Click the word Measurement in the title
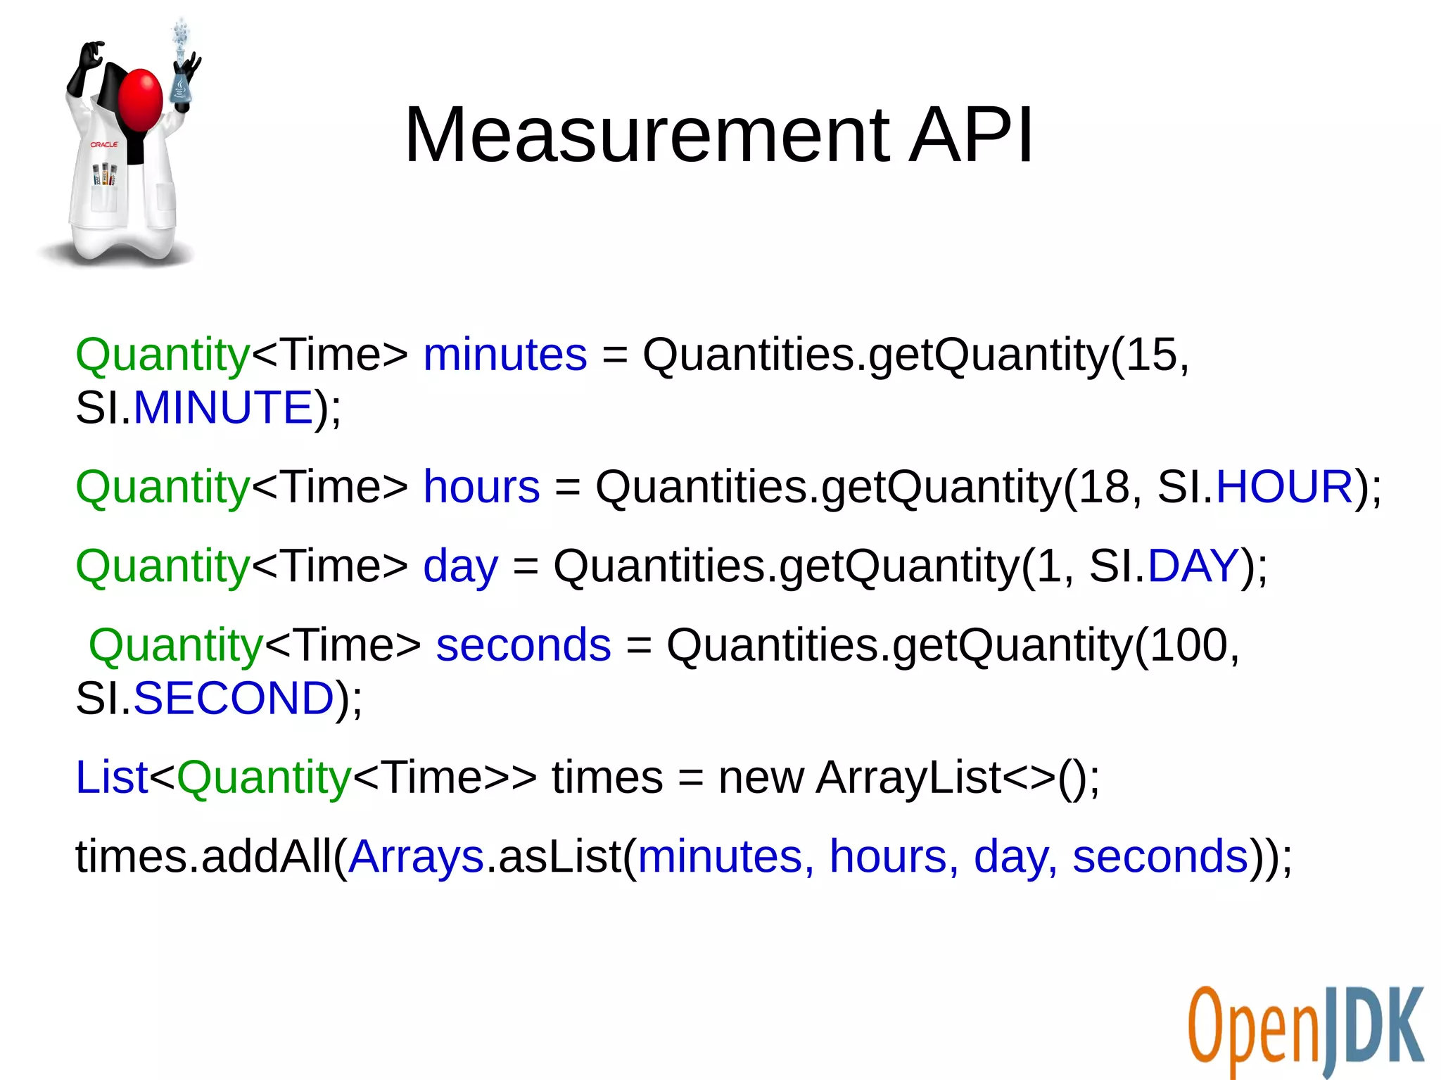coord(647,135)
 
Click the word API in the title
coord(971,135)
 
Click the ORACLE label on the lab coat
coord(104,144)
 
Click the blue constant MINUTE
coord(222,407)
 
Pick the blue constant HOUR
coord(1284,486)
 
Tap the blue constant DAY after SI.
coord(1193,566)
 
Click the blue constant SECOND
coord(233,698)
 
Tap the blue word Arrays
coord(416,856)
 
